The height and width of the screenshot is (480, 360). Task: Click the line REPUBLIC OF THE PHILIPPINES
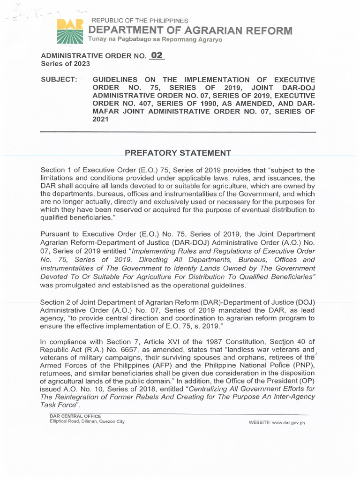(x=140, y=21)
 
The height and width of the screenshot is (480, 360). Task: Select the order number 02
(x=157, y=56)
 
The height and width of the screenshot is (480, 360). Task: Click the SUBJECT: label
(x=59, y=80)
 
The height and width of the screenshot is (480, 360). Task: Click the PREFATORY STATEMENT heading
(x=178, y=153)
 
